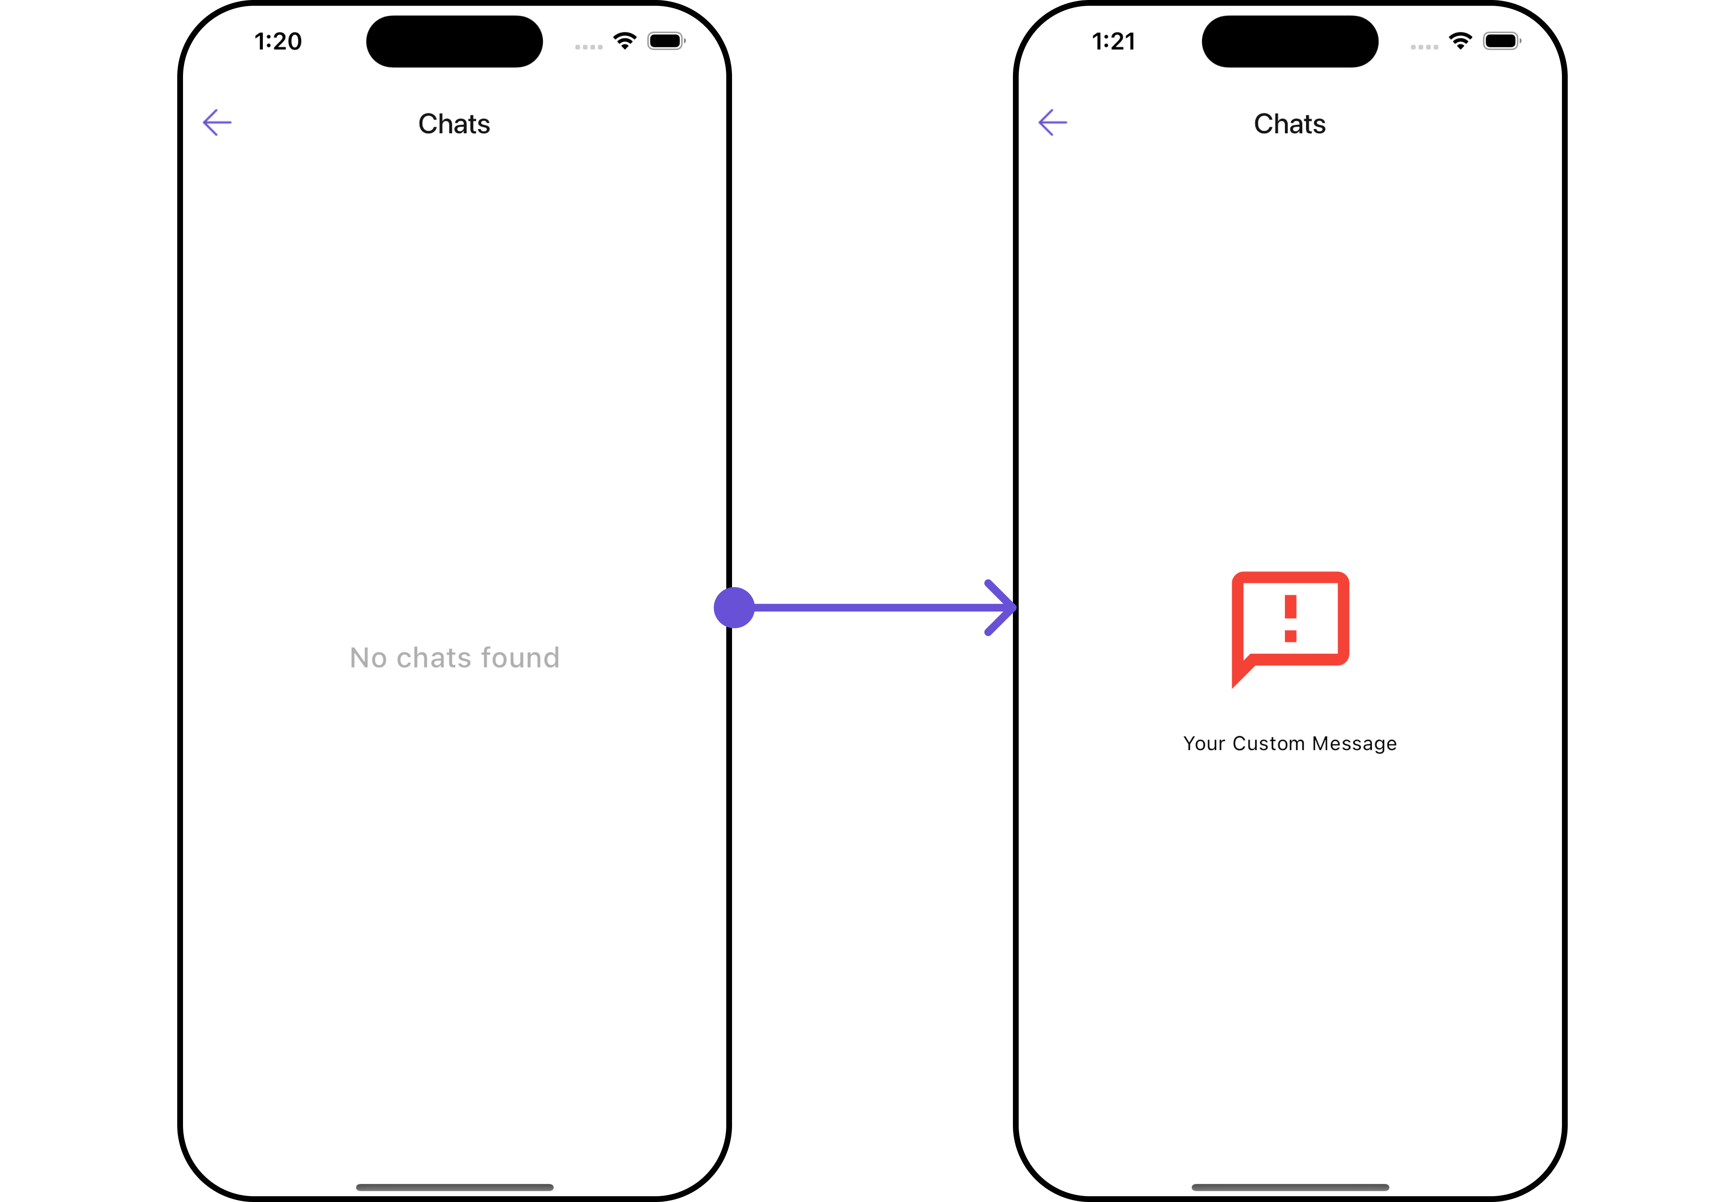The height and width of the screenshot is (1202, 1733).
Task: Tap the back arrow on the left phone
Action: click(217, 123)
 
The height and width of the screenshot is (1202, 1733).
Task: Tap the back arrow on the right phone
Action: click(1052, 123)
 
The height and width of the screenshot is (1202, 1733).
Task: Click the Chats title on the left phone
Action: click(454, 124)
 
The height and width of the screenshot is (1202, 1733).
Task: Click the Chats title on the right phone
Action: click(1290, 124)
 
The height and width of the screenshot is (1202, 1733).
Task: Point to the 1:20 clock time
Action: click(278, 42)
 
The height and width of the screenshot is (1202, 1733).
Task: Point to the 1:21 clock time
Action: click(1113, 42)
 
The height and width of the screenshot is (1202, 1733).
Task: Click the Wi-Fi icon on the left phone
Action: click(625, 41)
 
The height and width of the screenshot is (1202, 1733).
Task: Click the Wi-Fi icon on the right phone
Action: click(1460, 41)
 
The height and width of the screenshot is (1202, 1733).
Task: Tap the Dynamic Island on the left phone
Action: click(454, 42)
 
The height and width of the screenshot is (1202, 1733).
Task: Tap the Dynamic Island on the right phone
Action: click(1290, 42)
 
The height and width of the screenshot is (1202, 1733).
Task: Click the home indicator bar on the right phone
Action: click(1290, 1187)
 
